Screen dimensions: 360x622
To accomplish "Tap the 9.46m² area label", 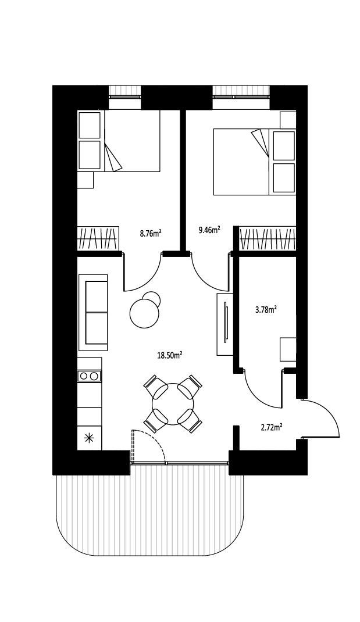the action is pyautogui.click(x=209, y=229).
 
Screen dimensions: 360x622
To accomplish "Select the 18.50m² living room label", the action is pyautogui.click(x=170, y=355).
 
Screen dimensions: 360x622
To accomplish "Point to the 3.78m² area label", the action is pyautogui.click(x=266, y=309).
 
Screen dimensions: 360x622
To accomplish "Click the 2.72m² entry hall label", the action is pyautogui.click(x=272, y=427).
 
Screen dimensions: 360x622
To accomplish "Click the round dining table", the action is pyautogui.click(x=173, y=404).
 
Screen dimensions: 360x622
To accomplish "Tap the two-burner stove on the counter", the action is pyautogui.click(x=90, y=376).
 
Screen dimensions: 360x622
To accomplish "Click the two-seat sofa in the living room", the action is pyautogui.click(x=93, y=312).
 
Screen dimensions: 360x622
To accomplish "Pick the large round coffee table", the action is pyautogui.click(x=144, y=313).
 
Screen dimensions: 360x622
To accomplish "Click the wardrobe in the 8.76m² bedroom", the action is pyautogui.click(x=98, y=238).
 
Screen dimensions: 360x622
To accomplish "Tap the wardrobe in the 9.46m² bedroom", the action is pyautogui.click(x=268, y=238).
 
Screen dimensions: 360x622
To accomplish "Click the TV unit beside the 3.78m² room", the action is pyautogui.click(x=224, y=324).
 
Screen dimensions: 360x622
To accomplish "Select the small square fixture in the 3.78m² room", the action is pyautogui.click(x=288, y=349).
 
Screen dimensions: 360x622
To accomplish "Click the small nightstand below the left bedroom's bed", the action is pyautogui.click(x=85, y=180).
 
